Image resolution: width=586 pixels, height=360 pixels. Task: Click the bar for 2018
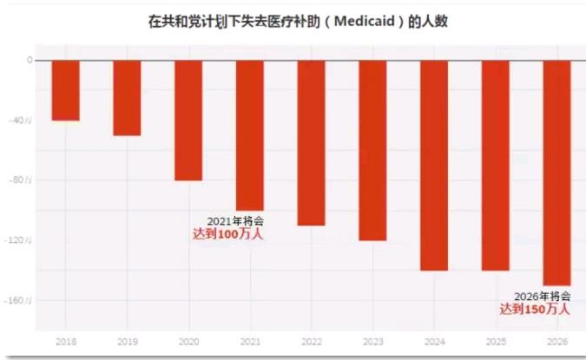click(65, 90)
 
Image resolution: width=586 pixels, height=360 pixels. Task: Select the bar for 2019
click(127, 97)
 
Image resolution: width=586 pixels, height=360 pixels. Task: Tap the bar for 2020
click(188, 120)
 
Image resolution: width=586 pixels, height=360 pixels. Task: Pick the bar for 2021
click(250, 134)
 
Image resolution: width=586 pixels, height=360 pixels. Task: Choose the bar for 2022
click(311, 142)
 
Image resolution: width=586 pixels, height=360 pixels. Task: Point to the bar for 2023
click(372, 150)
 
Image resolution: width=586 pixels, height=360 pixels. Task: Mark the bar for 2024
click(434, 165)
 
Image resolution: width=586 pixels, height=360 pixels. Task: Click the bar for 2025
click(496, 165)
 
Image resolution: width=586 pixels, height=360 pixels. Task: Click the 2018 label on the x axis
click(65, 342)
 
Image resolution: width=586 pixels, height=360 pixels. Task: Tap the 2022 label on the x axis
click(311, 342)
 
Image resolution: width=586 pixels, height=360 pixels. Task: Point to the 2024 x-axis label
click(434, 342)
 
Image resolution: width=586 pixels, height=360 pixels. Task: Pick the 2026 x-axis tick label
click(557, 342)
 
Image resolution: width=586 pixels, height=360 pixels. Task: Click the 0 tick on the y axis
click(30, 61)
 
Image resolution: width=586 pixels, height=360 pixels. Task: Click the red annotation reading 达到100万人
click(227, 233)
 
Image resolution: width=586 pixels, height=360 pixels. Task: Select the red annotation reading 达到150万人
click(535, 309)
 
